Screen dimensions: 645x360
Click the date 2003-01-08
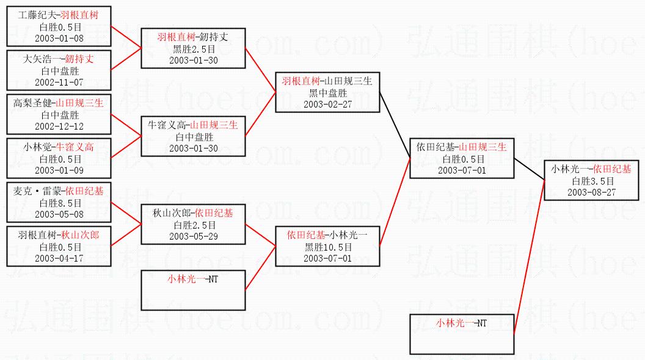coord(59,38)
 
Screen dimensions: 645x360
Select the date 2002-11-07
coord(59,83)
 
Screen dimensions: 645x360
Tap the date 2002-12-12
coord(59,126)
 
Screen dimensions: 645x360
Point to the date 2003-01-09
coord(59,170)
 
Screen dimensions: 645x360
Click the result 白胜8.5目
coord(59,203)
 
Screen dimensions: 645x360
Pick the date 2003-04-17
coord(59,258)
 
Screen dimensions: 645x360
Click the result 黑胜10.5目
coord(327,247)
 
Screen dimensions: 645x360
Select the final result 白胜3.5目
coord(592,181)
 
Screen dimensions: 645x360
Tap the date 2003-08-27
coord(592,192)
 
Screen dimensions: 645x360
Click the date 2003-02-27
coord(327,104)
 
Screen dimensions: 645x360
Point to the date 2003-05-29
coord(193,237)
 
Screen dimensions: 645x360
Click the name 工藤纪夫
coord(36,15)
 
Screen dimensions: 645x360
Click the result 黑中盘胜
coord(327,93)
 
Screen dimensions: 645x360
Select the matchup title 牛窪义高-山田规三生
coord(193,125)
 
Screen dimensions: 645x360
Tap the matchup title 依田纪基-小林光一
coord(327,235)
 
